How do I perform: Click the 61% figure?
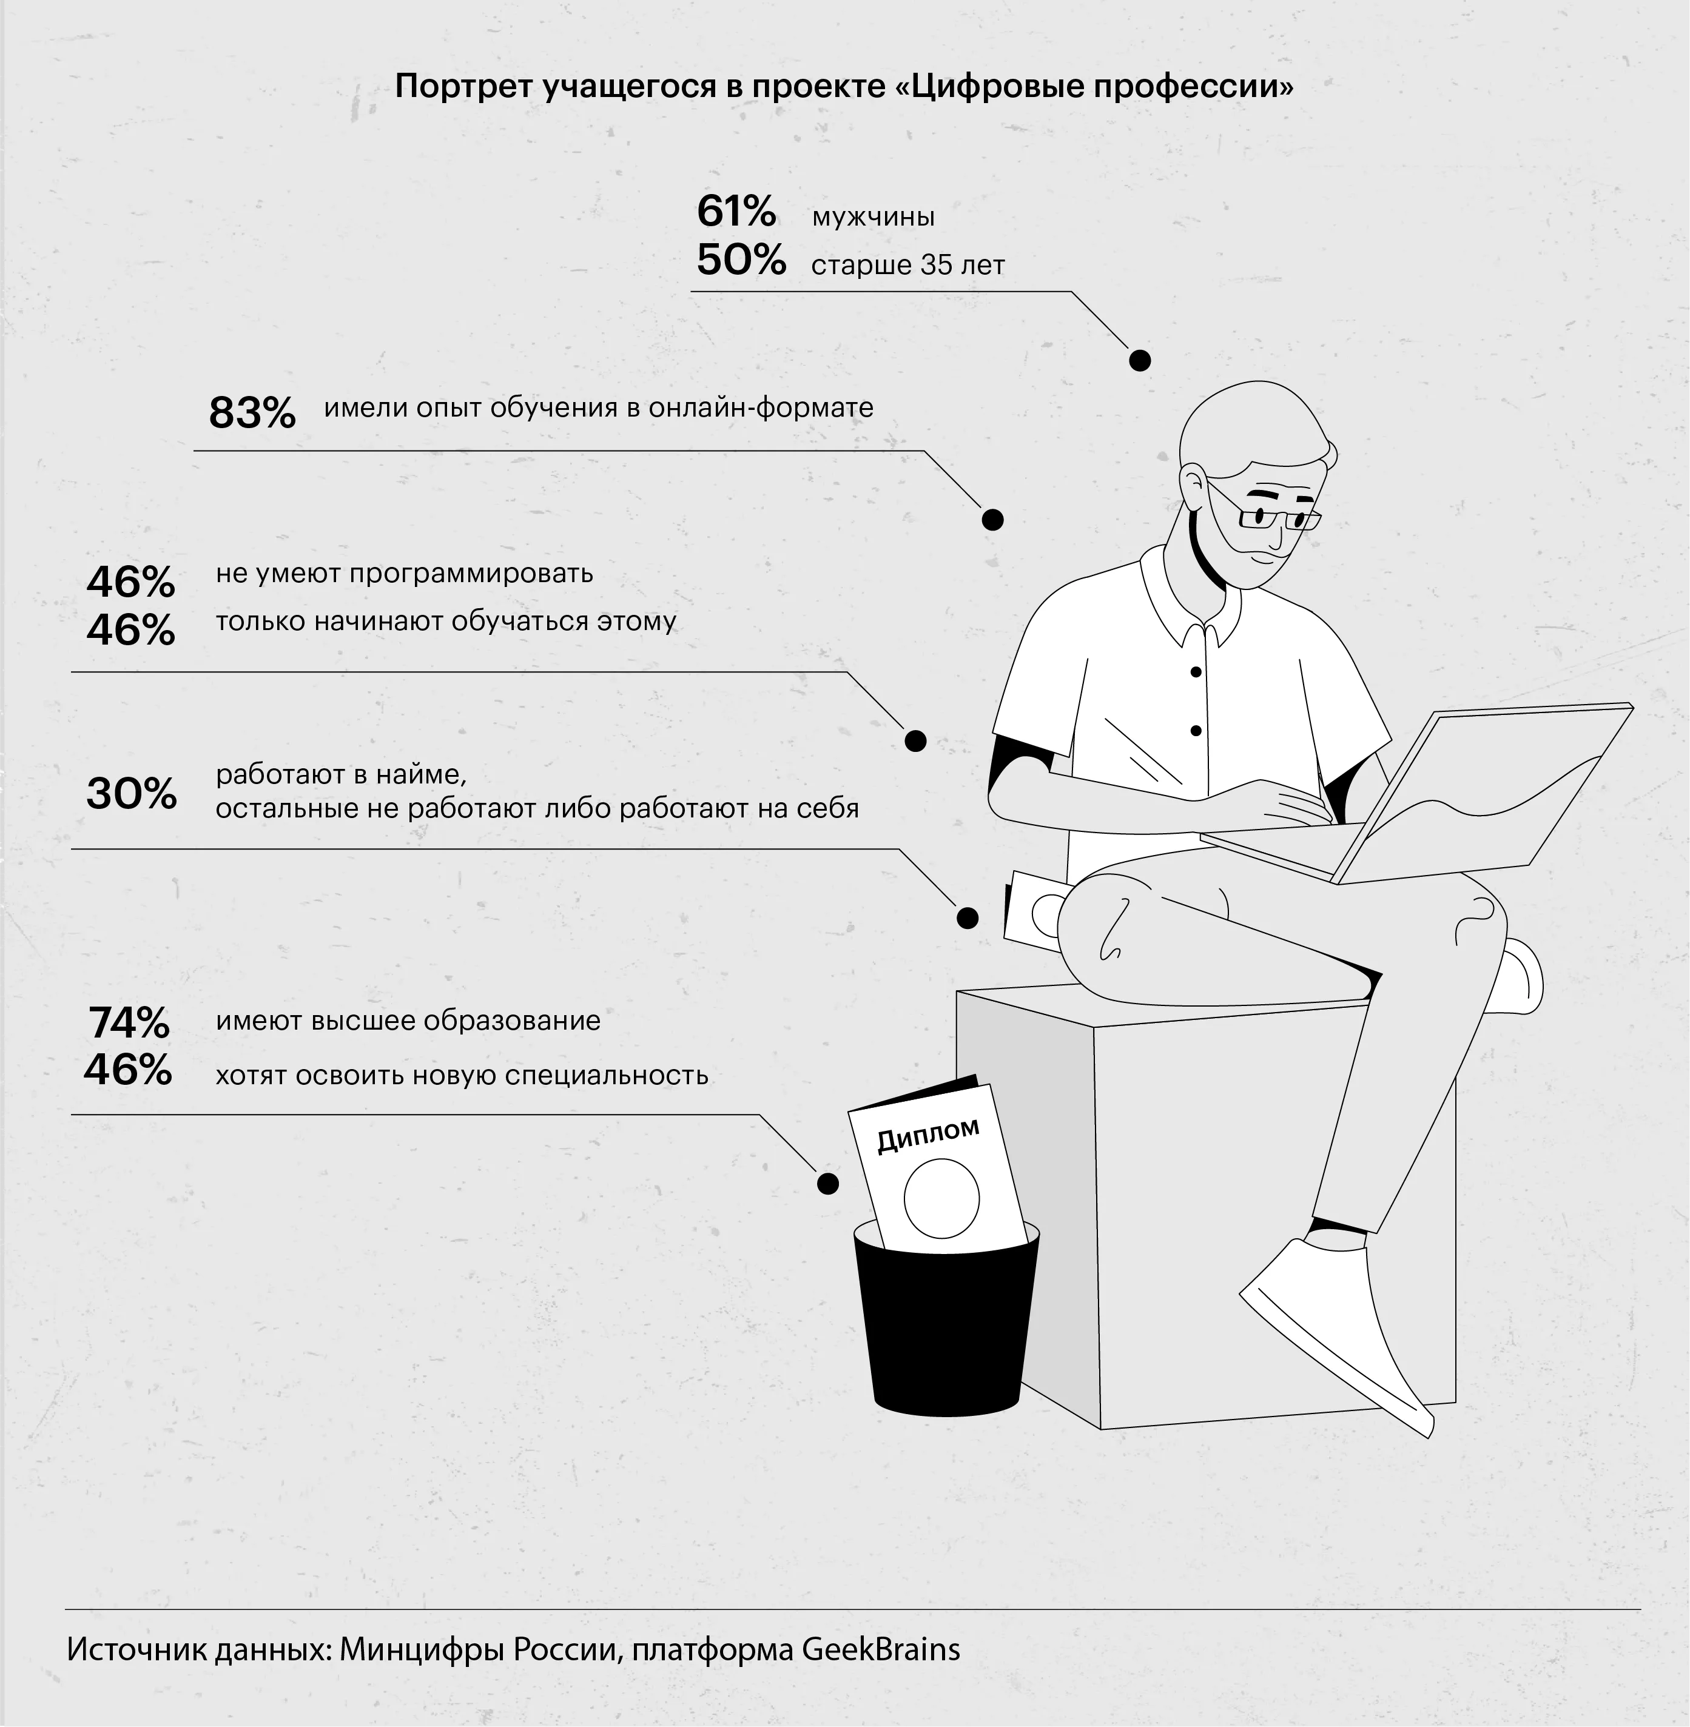pos(736,211)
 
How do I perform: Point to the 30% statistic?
pos(132,793)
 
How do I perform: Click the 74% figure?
pos(129,1023)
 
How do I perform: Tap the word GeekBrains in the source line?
pos(881,1648)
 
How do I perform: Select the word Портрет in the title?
pos(464,87)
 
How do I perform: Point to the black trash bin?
pos(945,1319)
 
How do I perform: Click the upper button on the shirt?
pos(1196,672)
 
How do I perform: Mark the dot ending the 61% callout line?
pos(1140,360)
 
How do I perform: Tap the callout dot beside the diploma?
pos(827,1183)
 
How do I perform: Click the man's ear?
pos(1194,486)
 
